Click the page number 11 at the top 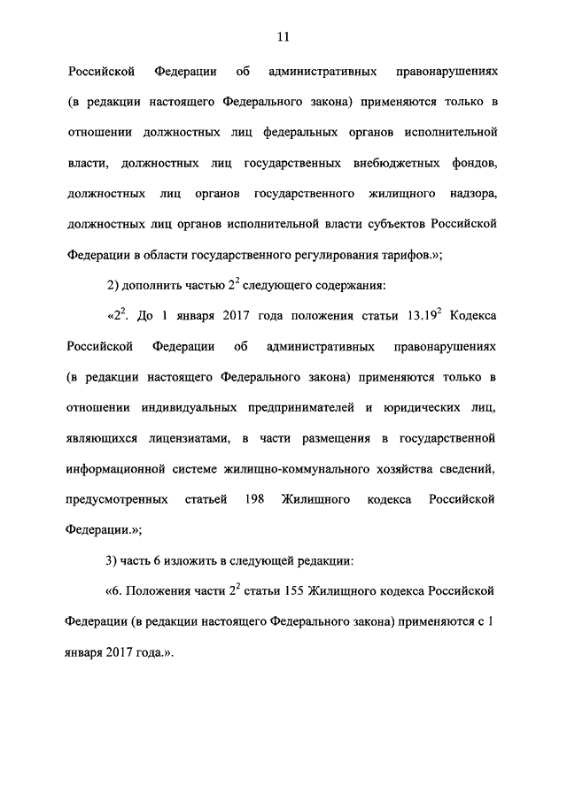click(283, 36)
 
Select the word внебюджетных click(361, 162)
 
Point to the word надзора click(470, 192)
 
